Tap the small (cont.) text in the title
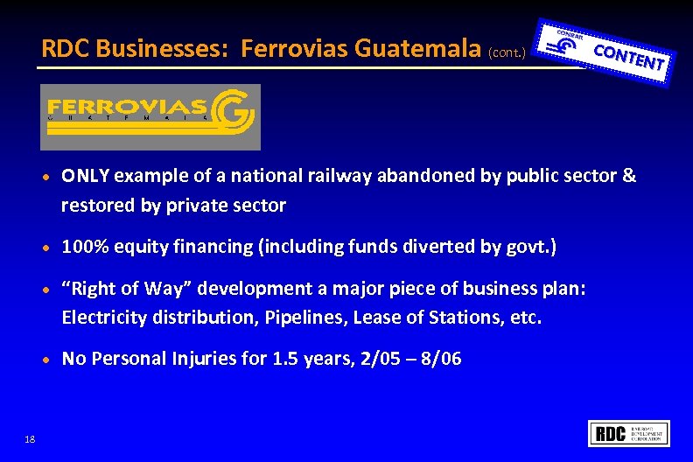(x=508, y=52)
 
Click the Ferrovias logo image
(x=150, y=117)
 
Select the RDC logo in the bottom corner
(x=631, y=433)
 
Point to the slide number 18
(x=31, y=439)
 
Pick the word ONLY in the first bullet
(x=85, y=176)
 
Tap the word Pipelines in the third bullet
(x=308, y=317)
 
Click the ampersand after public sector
(x=629, y=176)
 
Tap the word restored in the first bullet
(x=94, y=206)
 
